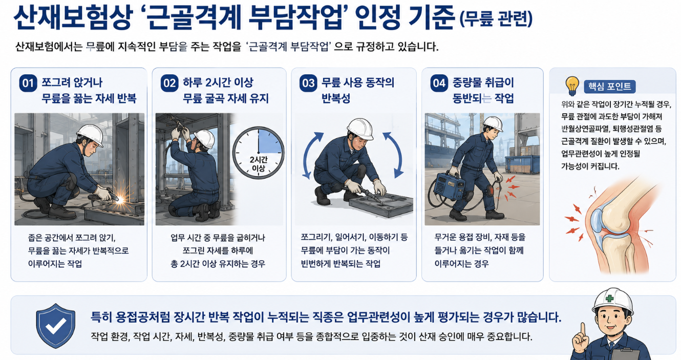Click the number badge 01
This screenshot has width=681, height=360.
28,83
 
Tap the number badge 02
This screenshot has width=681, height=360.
169,83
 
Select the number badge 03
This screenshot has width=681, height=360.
308,83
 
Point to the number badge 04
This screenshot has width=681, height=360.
439,83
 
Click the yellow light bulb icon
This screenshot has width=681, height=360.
572,86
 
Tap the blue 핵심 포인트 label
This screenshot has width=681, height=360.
609,87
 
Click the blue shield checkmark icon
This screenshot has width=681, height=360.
56,326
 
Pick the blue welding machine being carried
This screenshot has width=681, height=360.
449,186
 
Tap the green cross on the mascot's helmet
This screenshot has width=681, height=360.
609,298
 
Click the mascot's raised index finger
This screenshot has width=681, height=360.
583,329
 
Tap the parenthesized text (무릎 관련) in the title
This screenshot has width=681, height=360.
496,19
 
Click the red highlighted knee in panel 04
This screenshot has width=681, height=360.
491,190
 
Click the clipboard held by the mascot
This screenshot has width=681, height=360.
624,354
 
